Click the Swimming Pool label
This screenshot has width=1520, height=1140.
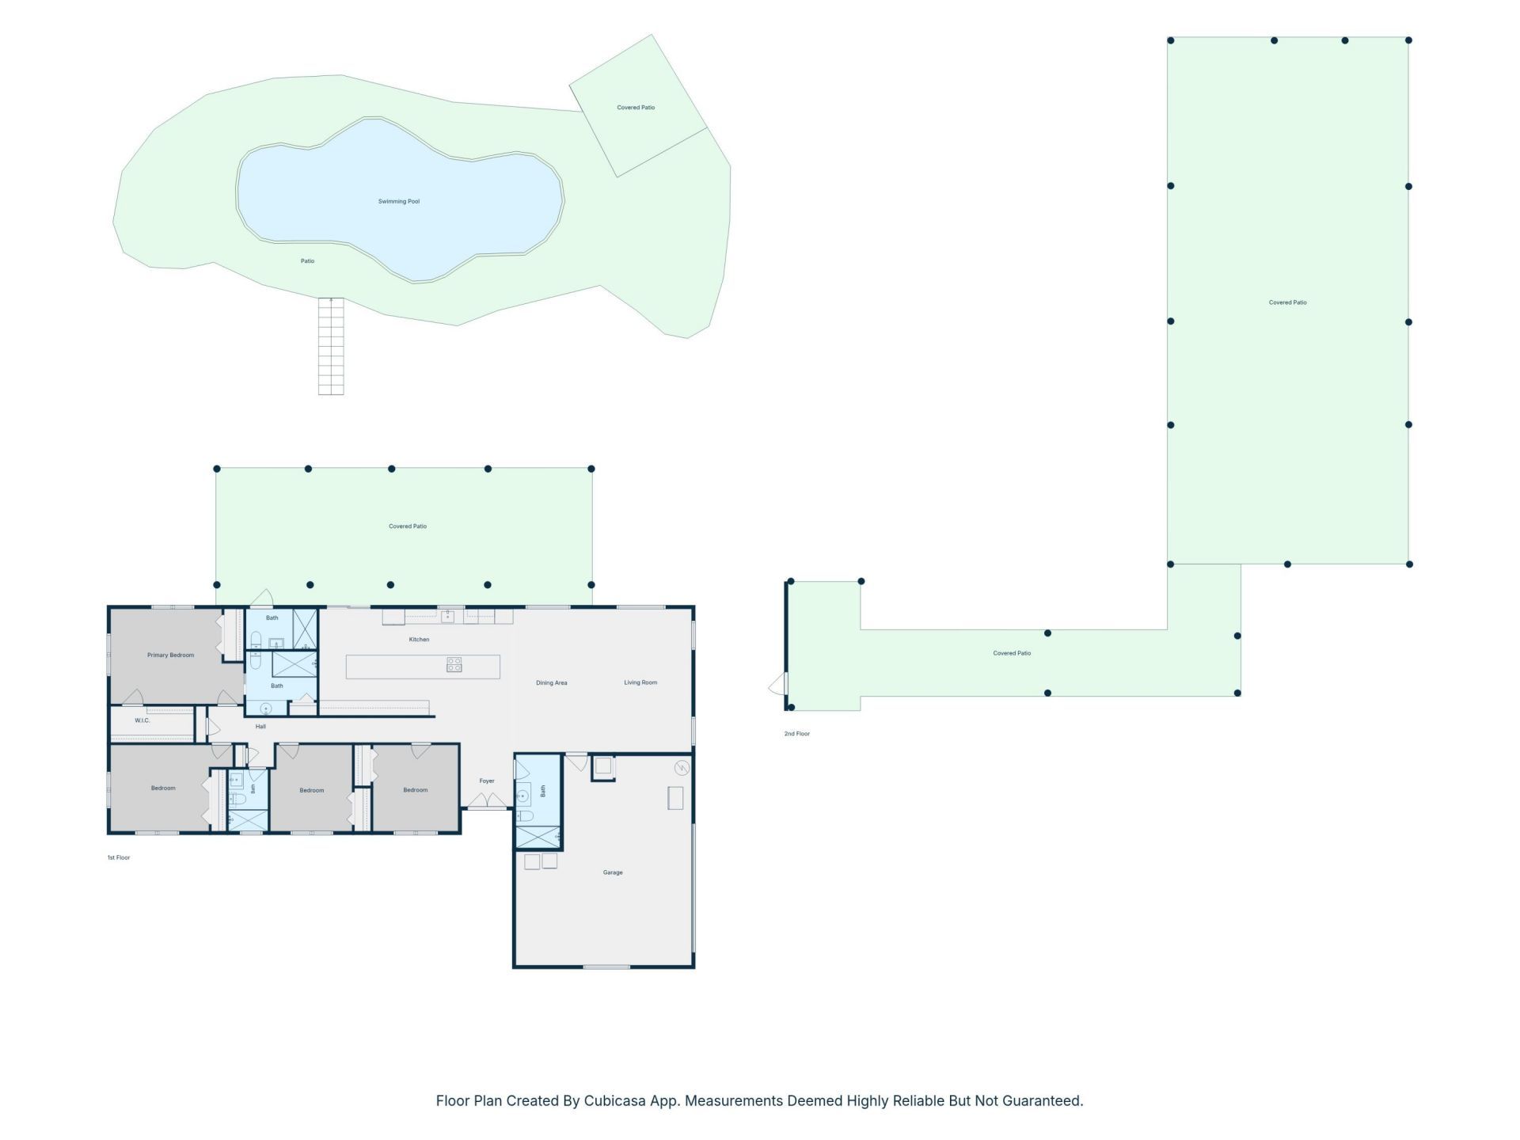(399, 202)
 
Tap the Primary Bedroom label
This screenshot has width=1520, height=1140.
(171, 655)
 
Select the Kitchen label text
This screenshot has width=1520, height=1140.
(419, 640)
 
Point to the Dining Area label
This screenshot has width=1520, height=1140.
(552, 683)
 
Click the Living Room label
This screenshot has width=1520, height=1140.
(640, 682)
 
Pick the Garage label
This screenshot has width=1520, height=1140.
(613, 872)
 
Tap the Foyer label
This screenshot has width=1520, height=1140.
(487, 781)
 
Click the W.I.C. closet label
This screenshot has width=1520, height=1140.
(142, 720)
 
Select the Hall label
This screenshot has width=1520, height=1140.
(260, 727)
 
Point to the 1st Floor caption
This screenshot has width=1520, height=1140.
(119, 858)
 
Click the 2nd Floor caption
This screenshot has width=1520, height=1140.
(797, 734)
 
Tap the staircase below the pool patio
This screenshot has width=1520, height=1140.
(331, 346)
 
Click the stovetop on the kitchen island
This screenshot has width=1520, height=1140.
(454, 665)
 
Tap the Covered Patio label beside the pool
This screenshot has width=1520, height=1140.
(636, 108)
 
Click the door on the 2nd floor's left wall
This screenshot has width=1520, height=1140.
(779, 684)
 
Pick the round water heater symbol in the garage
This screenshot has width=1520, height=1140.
(682, 768)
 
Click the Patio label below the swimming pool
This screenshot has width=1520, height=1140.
(307, 261)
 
